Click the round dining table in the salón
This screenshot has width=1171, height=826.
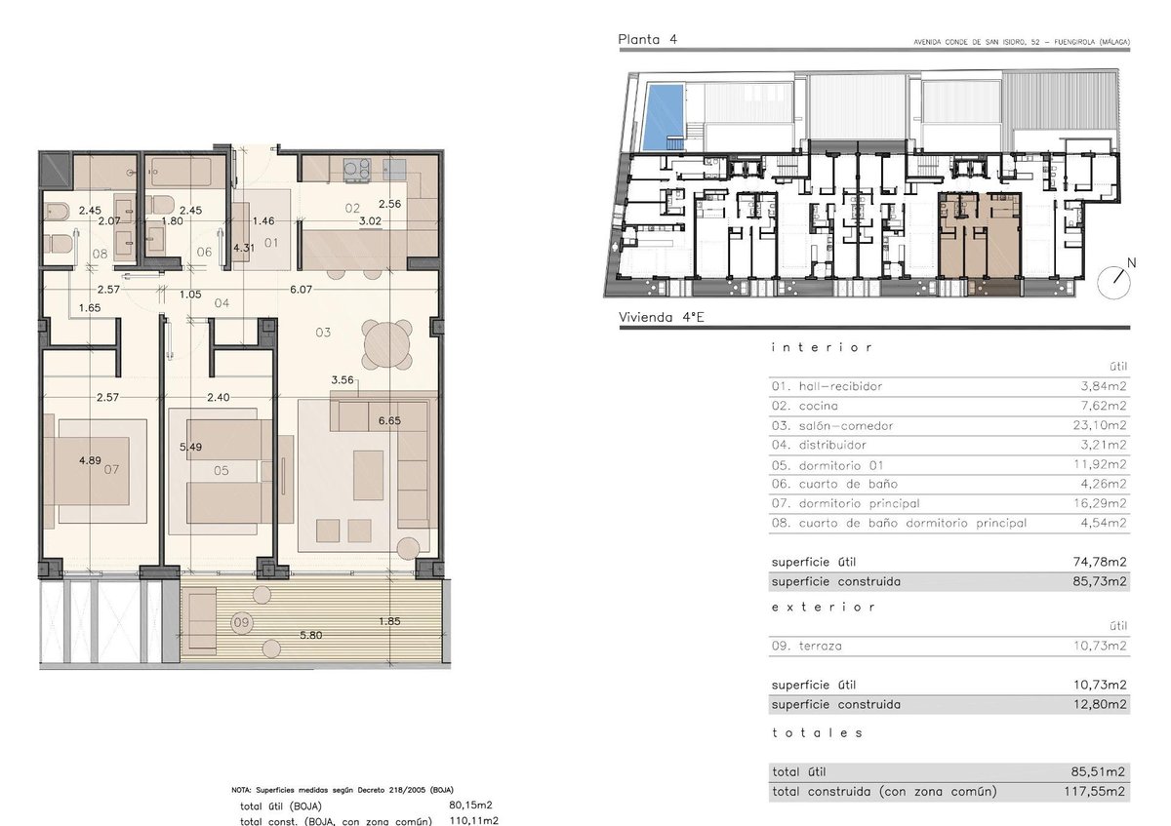click(x=387, y=345)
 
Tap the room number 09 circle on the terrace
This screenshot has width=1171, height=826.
click(x=241, y=622)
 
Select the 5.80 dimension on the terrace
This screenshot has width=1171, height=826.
click(x=310, y=635)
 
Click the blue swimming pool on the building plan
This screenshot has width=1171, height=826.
click(x=664, y=117)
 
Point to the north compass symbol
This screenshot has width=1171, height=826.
click(x=1115, y=281)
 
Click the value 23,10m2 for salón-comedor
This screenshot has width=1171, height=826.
click(x=1100, y=425)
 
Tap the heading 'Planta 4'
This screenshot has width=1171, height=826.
click(x=647, y=39)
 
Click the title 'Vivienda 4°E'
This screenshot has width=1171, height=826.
click(x=662, y=317)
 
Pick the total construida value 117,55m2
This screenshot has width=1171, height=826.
click(x=1094, y=792)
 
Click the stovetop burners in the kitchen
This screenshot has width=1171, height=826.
click(x=357, y=171)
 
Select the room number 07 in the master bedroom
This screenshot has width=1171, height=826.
click(x=111, y=469)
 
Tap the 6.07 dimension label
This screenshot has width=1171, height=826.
click(x=302, y=290)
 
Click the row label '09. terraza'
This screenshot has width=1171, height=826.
click(x=807, y=646)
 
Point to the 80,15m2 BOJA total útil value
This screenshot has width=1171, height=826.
click(x=470, y=806)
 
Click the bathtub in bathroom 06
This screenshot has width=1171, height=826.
click(x=181, y=173)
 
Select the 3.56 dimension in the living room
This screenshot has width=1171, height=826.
click(x=343, y=379)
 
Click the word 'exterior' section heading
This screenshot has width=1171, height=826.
click(x=823, y=608)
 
